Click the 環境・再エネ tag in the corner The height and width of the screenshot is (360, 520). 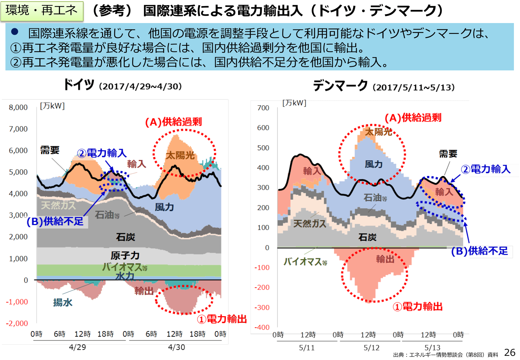click(42, 11)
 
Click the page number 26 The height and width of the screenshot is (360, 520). click(510, 352)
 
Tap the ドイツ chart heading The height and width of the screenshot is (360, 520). click(79, 85)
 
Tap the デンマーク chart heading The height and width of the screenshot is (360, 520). click(340, 86)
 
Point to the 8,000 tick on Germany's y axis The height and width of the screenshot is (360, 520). click(18, 108)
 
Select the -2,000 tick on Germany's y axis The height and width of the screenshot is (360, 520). click(17, 324)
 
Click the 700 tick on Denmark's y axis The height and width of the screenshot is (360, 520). click(263, 108)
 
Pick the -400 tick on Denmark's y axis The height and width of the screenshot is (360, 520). click(262, 327)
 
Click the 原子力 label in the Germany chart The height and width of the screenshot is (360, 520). click(125, 255)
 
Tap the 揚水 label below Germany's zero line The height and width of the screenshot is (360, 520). click(63, 302)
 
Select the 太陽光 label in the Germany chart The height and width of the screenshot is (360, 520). click(180, 156)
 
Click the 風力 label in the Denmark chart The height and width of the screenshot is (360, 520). click(374, 164)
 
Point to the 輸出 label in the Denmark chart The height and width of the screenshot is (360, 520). click(385, 259)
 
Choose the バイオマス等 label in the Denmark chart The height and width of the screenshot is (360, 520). click(305, 262)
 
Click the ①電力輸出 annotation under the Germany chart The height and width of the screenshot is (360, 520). click(222, 319)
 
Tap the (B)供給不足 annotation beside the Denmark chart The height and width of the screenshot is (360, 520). click(479, 251)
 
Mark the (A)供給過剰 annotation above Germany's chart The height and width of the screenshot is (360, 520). click(173, 122)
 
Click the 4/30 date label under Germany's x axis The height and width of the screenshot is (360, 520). click(177, 347)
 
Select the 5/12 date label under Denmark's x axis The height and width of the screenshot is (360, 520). click(372, 348)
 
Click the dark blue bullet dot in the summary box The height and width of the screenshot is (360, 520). click(15, 31)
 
